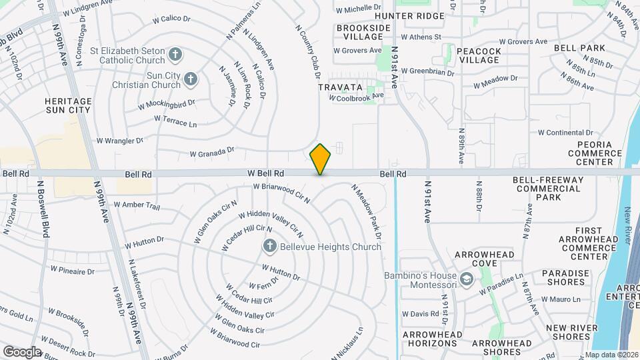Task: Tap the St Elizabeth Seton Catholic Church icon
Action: (175, 54)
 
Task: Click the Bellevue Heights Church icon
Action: (270, 247)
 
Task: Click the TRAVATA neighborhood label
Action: (340, 87)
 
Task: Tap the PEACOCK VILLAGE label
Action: (479, 55)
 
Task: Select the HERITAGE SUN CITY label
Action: (67, 105)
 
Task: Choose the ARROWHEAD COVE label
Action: (484, 259)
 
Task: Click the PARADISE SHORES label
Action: (565, 278)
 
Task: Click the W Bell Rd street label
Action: (266, 173)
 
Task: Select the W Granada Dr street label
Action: (212, 153)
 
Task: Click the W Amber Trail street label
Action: (137, 205)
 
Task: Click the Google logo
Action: (21, 351)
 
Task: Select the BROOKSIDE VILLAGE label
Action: (363, 32)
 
